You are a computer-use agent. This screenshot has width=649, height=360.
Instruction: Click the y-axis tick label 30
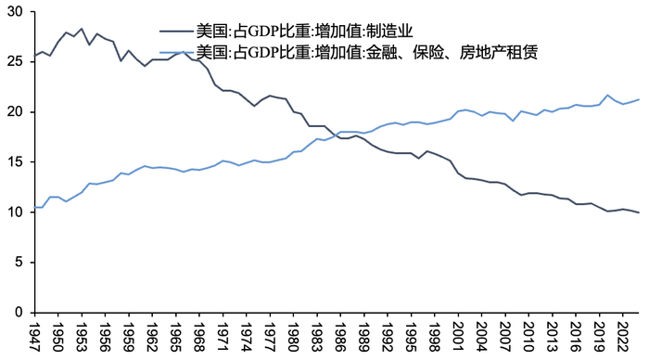click(x=17, y=11)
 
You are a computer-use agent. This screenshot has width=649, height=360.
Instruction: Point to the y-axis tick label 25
click(x=17, y=61)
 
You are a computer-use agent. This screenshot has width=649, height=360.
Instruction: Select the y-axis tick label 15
click(x=17, y=162)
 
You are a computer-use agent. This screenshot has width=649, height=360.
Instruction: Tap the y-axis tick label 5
click(x=20, y=263)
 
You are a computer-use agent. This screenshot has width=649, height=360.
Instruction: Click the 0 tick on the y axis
click(x=20, y=313)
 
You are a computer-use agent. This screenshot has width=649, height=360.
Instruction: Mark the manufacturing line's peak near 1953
click(x=81, y=29)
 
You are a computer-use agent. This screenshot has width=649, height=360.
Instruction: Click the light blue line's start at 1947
click(x=35, y=207)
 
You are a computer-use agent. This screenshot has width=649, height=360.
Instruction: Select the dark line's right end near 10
click(x=638, y=212)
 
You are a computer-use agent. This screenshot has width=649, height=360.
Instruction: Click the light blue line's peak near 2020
click(x=607, y=95)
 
